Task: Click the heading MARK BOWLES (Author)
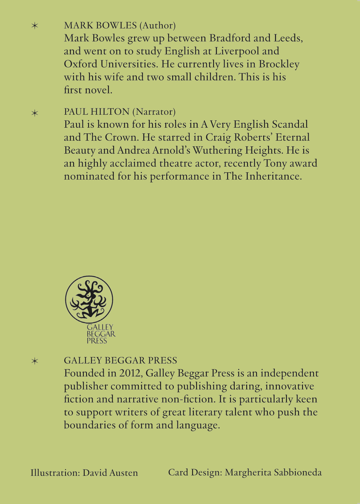[120, 26]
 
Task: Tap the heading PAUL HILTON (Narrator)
[120, 112]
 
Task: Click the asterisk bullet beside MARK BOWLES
[35, 26]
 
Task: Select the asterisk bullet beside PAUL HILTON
[35, 113]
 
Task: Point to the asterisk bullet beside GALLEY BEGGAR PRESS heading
[35, 361]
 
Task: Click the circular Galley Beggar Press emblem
[89, 299]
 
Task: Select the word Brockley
[279, 64]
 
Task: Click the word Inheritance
[273, 176]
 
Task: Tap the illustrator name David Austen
[110, 473]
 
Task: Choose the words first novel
[88, 90]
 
